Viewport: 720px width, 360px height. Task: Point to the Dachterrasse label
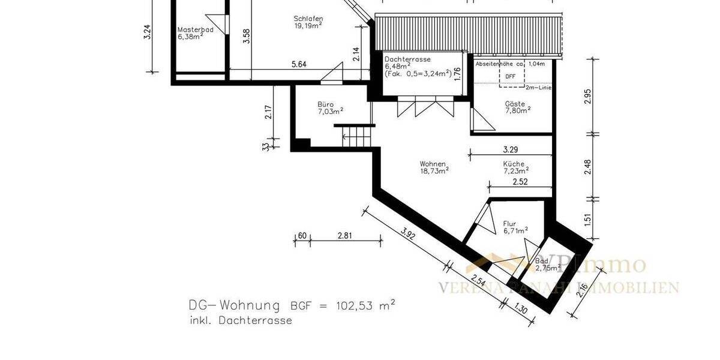click(x=408, y=60)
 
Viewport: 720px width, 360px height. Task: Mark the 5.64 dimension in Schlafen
click(x=298, y=64)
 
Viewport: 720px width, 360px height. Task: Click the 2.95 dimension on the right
click(x=588, y=96)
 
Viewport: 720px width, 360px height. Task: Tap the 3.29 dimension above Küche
click(x=510, y=149)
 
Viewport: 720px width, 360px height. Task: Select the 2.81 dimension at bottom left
click(x=344, y=236)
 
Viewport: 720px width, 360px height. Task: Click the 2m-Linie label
click(x=538, y=88)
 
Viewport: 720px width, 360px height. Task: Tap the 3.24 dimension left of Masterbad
click(x=148, y=32)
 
